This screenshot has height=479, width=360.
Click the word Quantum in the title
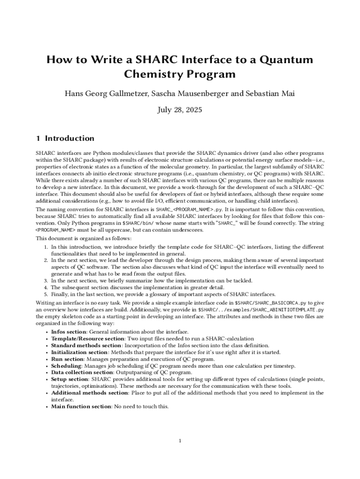287,60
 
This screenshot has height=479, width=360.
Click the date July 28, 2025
180,110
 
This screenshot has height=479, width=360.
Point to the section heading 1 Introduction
65,138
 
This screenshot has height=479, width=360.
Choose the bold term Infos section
68,332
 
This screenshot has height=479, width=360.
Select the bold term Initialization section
79,352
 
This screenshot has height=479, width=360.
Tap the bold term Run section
66,359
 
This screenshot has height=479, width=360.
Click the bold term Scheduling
66,366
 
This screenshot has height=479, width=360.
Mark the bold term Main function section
80,406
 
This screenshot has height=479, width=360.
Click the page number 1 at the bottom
180,441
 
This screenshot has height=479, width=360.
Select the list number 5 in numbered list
46,294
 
